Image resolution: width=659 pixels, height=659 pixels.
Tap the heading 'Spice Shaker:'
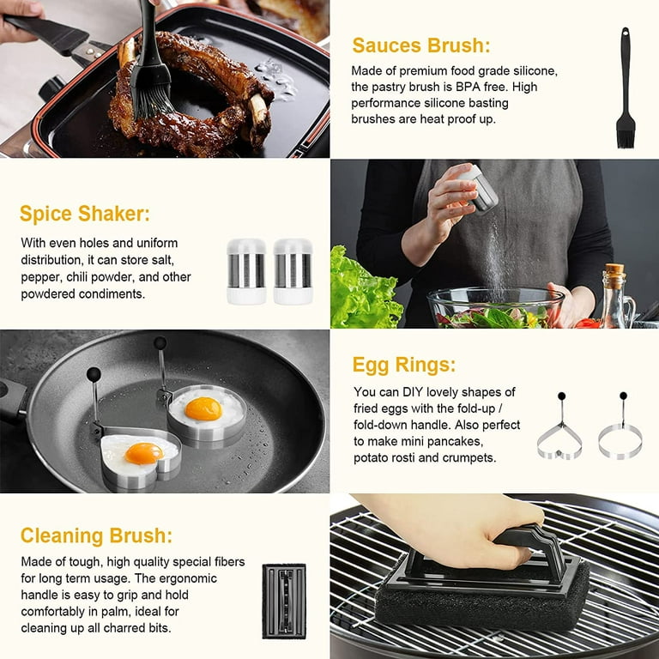[85, 214]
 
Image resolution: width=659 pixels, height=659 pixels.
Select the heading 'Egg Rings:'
[404, 365]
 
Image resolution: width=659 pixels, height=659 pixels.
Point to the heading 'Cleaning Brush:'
[96, 536]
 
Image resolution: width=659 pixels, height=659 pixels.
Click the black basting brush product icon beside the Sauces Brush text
[626, 89]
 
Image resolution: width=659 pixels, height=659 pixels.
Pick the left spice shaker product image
[246, 271]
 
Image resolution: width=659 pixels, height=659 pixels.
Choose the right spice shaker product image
[293, 271]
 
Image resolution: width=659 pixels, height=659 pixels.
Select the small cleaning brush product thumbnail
[284, 600]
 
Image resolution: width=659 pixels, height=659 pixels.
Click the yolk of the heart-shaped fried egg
[143, 453]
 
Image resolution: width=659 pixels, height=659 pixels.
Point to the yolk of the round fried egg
[203, 408]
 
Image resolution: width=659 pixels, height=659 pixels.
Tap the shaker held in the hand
[478, 189]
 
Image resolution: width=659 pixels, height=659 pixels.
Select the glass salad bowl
[495, 307]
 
